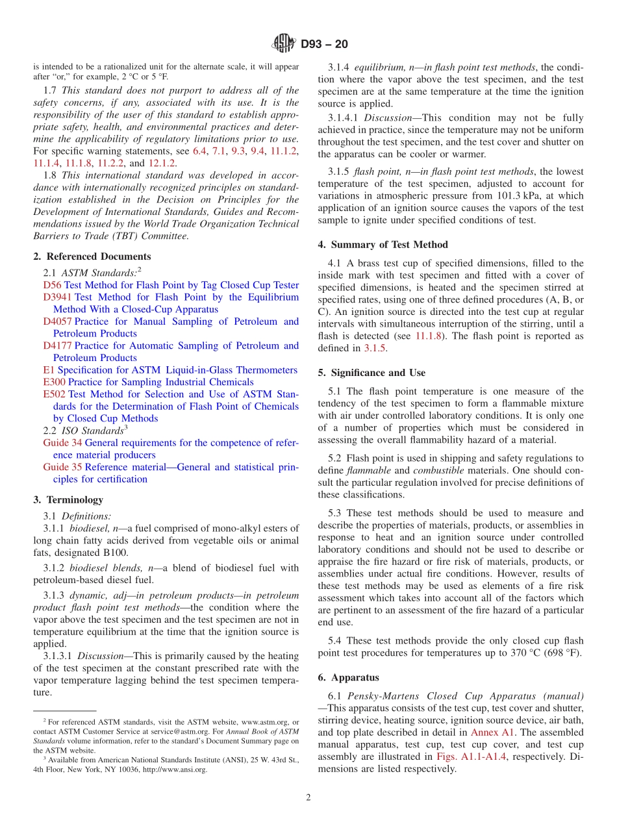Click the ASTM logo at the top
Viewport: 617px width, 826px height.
click(x=283, y=44)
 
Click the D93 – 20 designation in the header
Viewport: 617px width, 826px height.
click(x=324, y=45)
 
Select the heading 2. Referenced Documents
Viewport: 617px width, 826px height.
click(x=92, y=257)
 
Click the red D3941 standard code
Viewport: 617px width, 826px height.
click(x=58, y=297)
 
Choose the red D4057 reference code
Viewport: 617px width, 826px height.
click(x=58, y=321)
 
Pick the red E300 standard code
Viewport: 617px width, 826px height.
click(x=54, y=382)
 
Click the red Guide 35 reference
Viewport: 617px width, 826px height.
click(x=62, y=467)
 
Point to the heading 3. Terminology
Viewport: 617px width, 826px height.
click(x=68, y=499)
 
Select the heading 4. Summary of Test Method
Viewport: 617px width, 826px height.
click(x=383, y=245)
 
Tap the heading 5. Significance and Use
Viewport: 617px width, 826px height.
click(x=371, y=373)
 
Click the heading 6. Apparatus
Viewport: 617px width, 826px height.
click(x=348, y=677)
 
